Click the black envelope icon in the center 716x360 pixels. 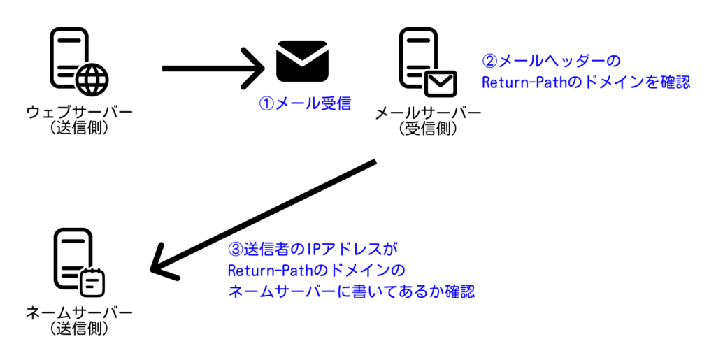click(302, 61)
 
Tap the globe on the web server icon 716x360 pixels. click(93, 80)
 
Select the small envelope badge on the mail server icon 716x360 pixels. click(441, 83)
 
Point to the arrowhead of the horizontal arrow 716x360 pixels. click(253, 69)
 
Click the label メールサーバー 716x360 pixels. click(428, 113)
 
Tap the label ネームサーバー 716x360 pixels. click(79, 313)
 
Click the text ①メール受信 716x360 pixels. click(305, 103)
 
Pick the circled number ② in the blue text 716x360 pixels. click(490, 61)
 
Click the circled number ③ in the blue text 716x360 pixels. click(235, 249)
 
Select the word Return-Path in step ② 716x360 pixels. click(522, 82)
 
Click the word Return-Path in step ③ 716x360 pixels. click(267, 271)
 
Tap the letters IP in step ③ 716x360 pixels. click(308, 249)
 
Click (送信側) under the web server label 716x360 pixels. click(80, 128)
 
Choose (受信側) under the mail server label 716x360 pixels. click(428, 129)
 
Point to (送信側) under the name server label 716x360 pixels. click(79, 329)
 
